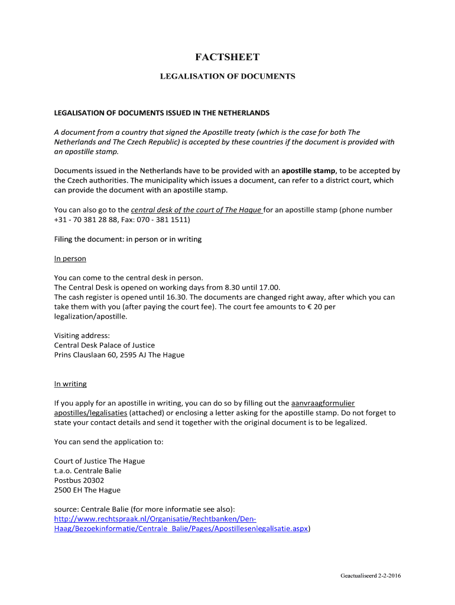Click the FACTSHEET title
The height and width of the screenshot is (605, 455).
pos(227,57)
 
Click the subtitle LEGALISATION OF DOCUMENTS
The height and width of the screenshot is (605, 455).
pos(227,76)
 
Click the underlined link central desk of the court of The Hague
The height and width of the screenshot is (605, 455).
pos(197,210)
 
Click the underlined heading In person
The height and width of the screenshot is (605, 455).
pos(70,258)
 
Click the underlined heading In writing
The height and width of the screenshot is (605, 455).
pos(70,384)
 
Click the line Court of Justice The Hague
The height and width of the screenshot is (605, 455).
pos(99,461)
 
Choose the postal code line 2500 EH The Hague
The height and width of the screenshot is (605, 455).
pos(87,490)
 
